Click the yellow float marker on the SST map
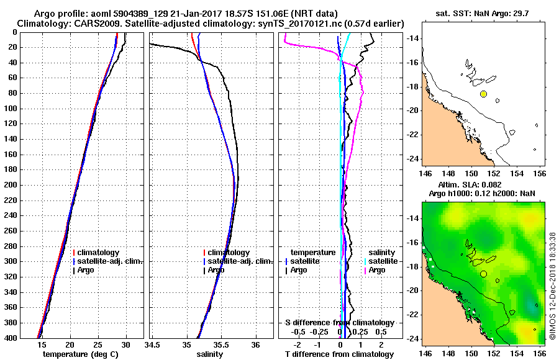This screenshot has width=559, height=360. tap(483, 94)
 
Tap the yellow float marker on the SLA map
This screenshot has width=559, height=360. tap(483, 274)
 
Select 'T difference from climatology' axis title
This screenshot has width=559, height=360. tap(339, 354)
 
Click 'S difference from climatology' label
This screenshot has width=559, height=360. tap(339, 323)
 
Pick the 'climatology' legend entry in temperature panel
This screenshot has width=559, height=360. tap(98, 253)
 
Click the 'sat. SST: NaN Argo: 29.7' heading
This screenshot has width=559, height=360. tap(485, 13)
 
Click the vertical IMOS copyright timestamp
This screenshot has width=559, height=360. tap(552, 287)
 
